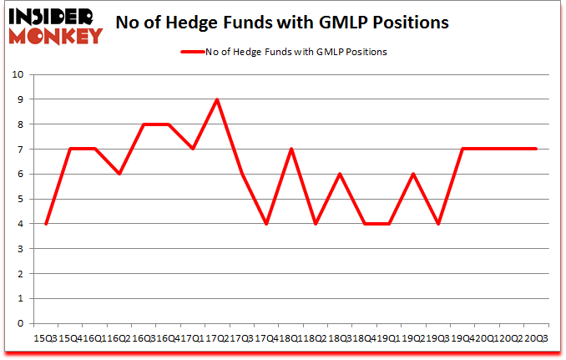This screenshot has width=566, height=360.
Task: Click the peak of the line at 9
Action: pyautogui.click(x=217, y=99)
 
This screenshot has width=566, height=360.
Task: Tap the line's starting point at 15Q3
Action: pyautogui.click(x=46, y=224)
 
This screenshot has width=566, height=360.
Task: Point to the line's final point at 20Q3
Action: pyautogui.click(x=536, y=149)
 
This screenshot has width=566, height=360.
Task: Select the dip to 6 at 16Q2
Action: pyautogui.click(x=119, y=174)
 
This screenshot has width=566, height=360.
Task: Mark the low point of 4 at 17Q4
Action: pyautogui.click(x=266, y=224)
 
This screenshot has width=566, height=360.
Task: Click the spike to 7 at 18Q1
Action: pyautogui.click(x=291, y=149)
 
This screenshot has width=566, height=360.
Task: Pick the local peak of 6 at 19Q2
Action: pyautogui.click(x=413, y=174)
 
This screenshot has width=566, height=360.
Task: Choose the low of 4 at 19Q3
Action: pyautogui.click(x=437, y=224)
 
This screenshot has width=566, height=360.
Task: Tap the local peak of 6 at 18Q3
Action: pyautogui.click(x=340, y=174)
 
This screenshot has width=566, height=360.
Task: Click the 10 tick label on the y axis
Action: pyautogui.click(x=17, y=74)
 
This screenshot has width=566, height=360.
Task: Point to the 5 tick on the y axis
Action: pyautogui.click(x=19, y=199)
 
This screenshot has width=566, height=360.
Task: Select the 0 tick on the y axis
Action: pyautogui.click(x=19, y=323)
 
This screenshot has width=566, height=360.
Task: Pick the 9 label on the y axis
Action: pyautogui.click(x=19, y=99)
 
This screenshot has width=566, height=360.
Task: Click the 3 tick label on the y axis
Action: pyautogui.click(x=19, y=249)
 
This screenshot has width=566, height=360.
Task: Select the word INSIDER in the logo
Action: pyautogui.click(x=50, y=15)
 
